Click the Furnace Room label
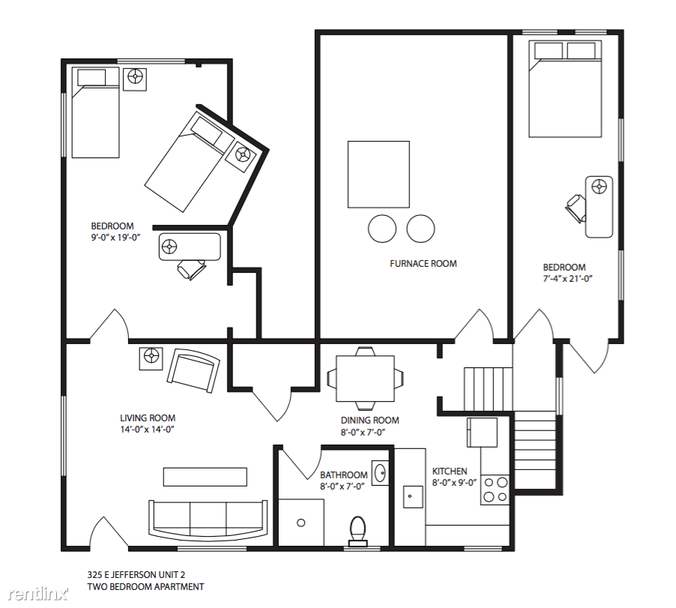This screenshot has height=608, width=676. point(423,263)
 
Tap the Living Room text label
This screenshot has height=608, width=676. point(148,418)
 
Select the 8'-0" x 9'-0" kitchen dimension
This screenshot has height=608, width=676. point(454,483)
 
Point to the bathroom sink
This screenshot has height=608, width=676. point(380,473)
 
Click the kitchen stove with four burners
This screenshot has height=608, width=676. point(495,490)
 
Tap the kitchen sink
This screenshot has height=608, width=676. point(413,496)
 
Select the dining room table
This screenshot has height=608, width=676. point(365,378)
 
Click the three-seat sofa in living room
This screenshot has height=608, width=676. point(208,520)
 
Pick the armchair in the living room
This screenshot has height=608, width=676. point(193,370)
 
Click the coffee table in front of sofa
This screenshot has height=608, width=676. point(205,477)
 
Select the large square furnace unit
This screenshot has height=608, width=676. point(378,174)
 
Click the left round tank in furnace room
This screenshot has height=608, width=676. point(382,229)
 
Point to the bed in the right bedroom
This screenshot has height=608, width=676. point(565,89)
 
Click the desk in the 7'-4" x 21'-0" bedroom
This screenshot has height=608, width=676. point(599,207)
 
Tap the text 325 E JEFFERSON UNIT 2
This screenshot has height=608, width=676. point(136,574)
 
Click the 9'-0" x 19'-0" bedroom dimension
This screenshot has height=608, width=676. point(115,237)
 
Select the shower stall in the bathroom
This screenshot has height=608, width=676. point(301,523)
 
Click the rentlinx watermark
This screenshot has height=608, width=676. point(38,594)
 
